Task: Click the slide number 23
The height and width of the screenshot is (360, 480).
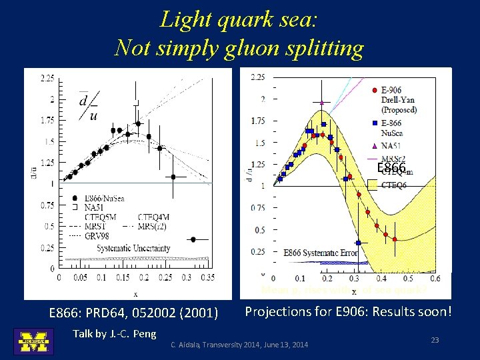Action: click(x=435, y=340)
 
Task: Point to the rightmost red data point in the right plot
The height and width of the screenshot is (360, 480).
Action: click(x=395, y=239)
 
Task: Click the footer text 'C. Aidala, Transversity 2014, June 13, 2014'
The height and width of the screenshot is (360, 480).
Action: click(x=239, y=345)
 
